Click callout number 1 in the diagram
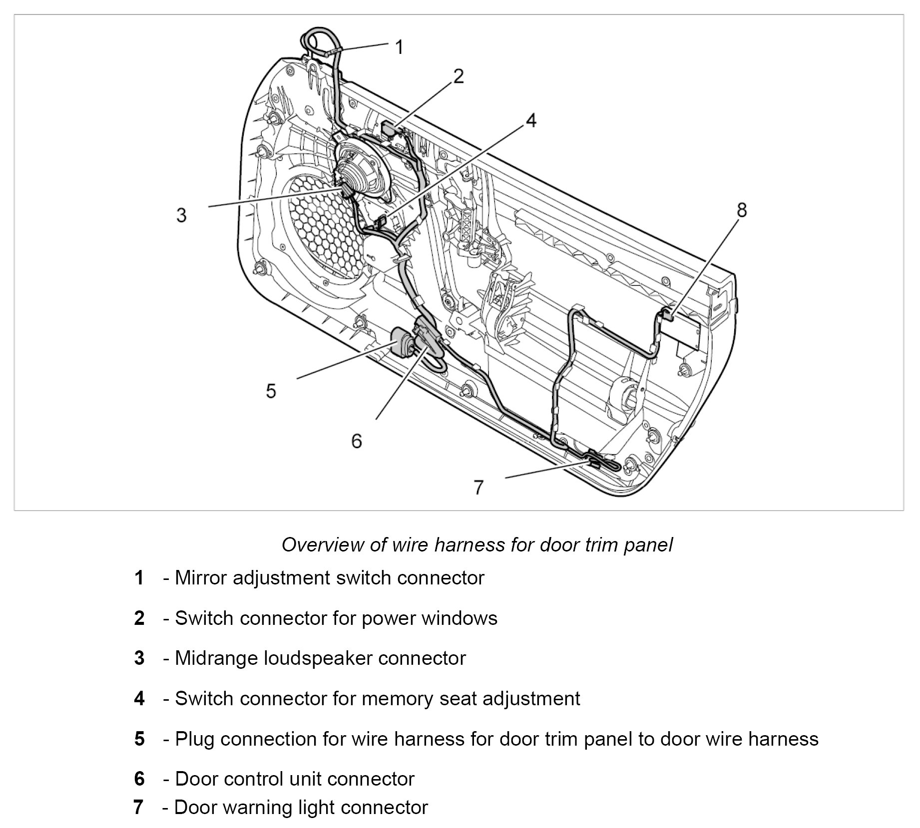[x=399, y=47]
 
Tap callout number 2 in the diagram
[x=459, y=77]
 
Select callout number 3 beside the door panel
[x=181, y=216]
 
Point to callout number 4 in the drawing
[x=530, y=120]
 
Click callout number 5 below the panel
[x=271, y=391]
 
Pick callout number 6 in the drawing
[x=356, y=441]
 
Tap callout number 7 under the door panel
[x=478, y=487]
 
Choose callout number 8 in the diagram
[x=742, y=210]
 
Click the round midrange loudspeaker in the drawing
[x=361, y=169]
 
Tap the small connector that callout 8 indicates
[x=667, y=314]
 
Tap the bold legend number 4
[x=139, y=699]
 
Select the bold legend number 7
[x=139, y=807]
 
